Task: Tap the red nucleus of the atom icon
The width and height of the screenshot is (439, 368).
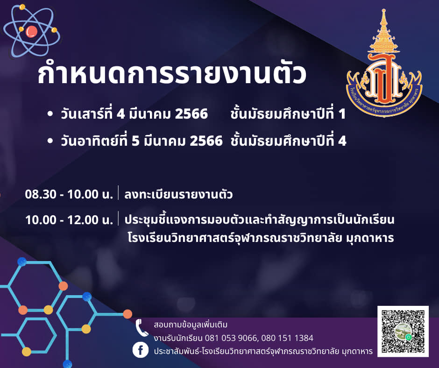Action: (31, 31)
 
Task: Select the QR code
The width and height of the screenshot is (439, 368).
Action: (403, 331)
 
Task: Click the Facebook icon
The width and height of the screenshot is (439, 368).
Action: (140, 350)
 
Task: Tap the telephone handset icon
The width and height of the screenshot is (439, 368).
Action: (142, 328)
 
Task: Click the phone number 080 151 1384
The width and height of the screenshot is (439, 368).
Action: (287, 338)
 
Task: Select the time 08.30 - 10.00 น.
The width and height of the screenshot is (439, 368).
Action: (69, 194)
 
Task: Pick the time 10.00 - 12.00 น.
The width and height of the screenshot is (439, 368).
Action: (69, 219)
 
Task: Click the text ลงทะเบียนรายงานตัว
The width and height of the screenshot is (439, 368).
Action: (178, 194)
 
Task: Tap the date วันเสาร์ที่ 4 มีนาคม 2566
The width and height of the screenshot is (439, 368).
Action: (135, 113)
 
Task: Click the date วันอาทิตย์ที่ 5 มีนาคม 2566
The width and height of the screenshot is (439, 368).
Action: (142, 140)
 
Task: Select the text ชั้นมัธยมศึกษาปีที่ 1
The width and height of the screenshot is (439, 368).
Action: (288, 113)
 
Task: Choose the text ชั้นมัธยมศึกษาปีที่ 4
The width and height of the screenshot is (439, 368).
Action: (288, 140)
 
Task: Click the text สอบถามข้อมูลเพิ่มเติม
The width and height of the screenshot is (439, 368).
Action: (191, 325)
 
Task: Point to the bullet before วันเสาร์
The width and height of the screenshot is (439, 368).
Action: (50, 113)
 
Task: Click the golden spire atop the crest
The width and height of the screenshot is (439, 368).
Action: (384, 31)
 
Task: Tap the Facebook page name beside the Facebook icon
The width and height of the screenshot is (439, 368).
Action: (263, 351)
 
